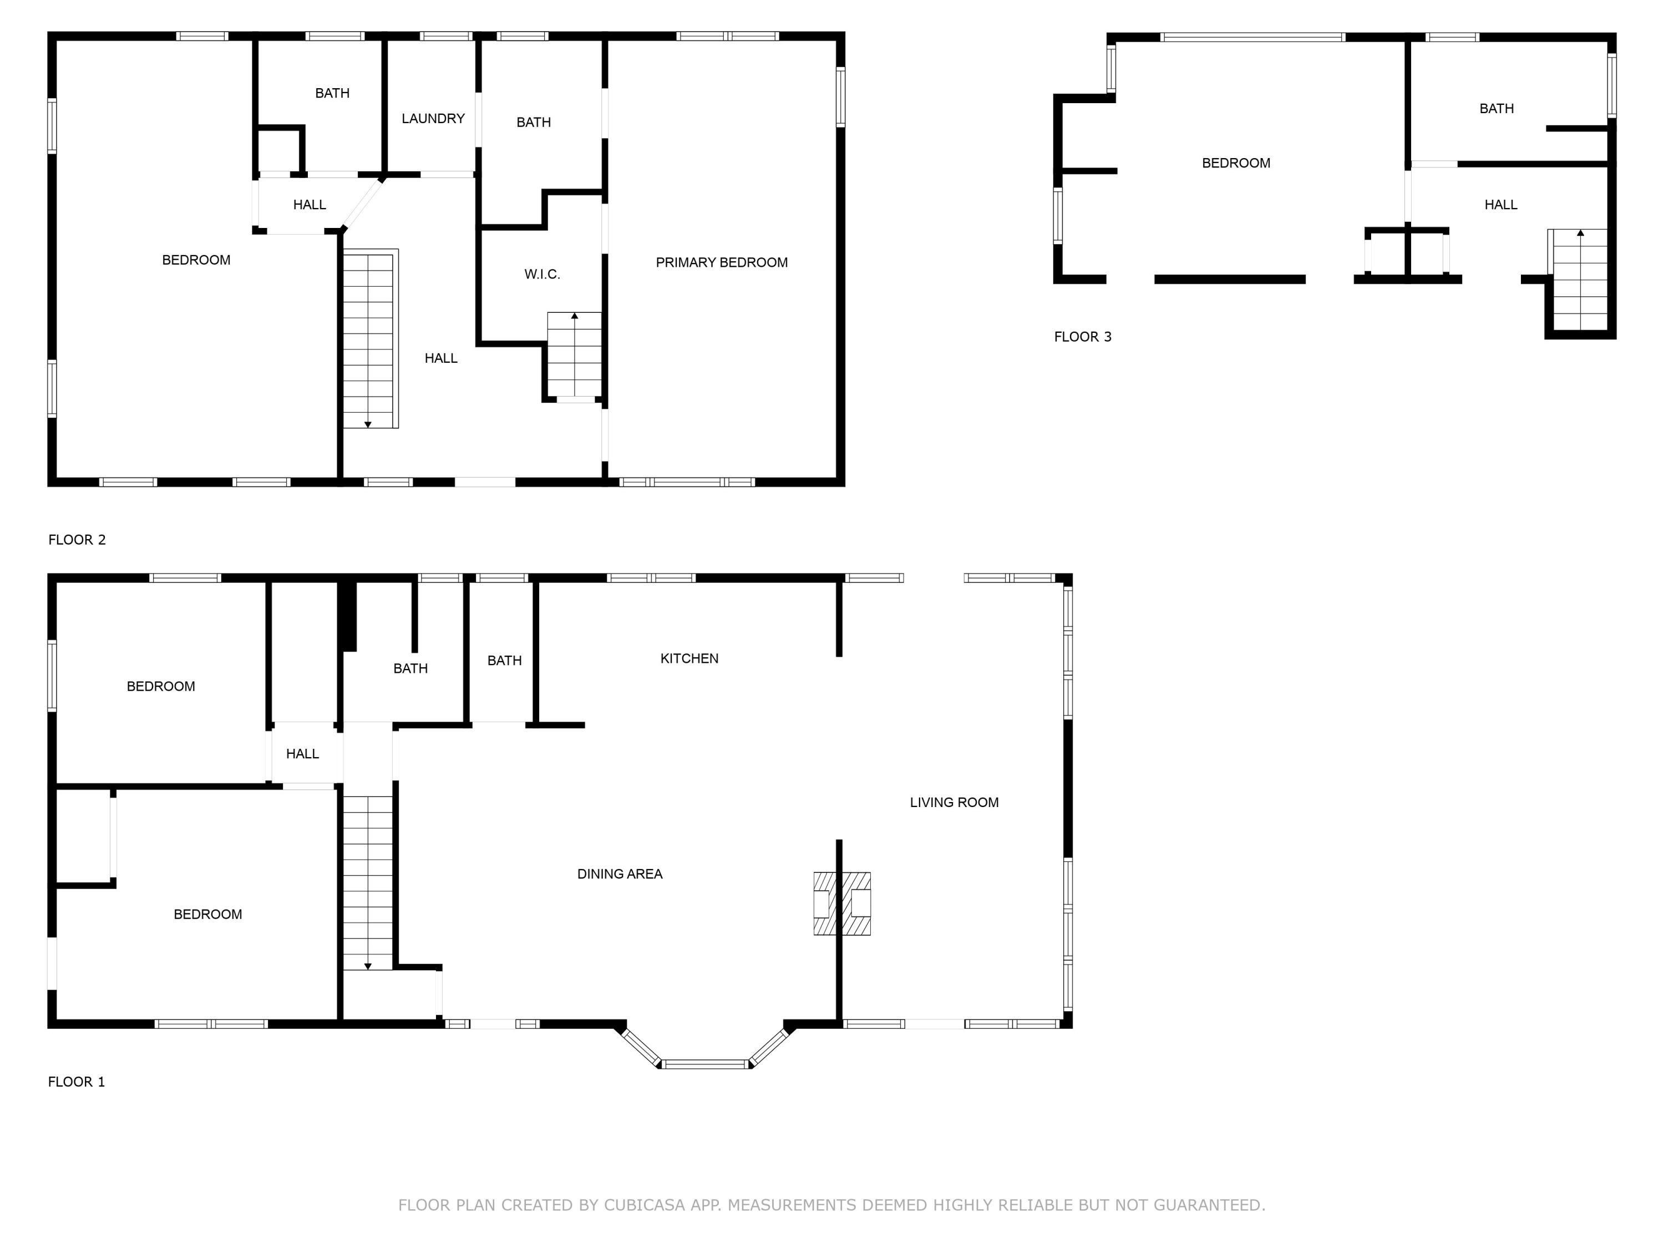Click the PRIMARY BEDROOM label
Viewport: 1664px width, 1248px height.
[722, 262]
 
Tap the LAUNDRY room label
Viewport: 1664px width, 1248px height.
[433, 119]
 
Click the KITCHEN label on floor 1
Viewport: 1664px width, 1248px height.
[689, 659]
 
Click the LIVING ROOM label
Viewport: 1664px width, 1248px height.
[954, 803]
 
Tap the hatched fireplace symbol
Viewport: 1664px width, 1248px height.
[842, 904]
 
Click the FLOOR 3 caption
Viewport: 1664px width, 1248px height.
[1083, 337]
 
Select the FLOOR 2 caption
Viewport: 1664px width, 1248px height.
[77, 540]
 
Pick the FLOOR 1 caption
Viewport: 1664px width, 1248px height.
[76, 1083]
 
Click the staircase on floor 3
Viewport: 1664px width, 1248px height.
[1580, 280]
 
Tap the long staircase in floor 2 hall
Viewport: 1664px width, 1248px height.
[369, 340]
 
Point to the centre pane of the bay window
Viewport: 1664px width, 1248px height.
[705, 1064]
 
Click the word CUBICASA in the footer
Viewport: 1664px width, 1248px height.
[644, 1205]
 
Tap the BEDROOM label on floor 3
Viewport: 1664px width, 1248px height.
[1235, 163]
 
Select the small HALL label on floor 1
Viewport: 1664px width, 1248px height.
[302, 754]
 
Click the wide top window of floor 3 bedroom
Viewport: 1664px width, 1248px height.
[1252, 37]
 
